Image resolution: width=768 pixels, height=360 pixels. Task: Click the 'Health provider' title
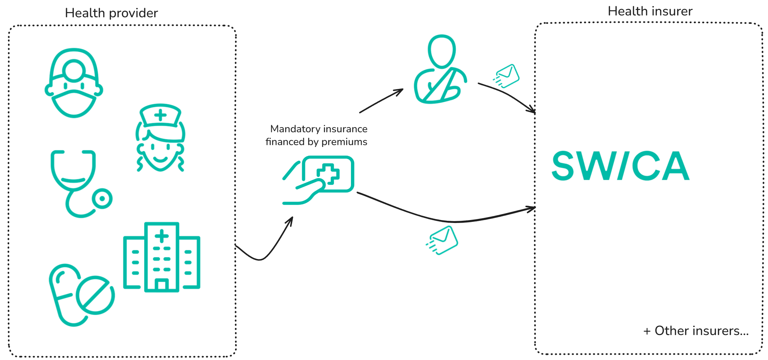pyautogui.click(x=111, y=13)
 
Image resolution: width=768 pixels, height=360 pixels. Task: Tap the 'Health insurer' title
pyautogui.click(x=650, y=11)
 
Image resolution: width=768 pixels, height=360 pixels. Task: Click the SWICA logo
pyautogui.click(x=621, y=166)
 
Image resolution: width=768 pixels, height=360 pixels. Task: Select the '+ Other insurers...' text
pyautogui.click(x=696, y=331)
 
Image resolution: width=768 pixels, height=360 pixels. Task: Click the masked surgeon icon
pyautogui.click(x=74, y=83)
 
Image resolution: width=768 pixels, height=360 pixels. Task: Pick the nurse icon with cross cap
pyautogui.click(x=160, y=138)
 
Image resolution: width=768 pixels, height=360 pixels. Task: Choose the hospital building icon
pyautogui.click(x=162, y=257)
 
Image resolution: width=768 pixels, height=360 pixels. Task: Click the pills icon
pyautogui.click(x=81, y=295)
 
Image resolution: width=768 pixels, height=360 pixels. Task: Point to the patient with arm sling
pyautogui.click(x=441, y=69)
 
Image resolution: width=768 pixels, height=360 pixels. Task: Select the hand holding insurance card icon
pyautogui.click(x=318, y=180)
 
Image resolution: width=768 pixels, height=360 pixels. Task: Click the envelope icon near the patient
pyautogui.click(x=506, y=76)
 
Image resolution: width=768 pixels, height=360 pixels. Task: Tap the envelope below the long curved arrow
pyautogui.click(x=442, y=240)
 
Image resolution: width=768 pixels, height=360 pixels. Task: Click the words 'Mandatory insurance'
pyautogui.click(x=319, y=129)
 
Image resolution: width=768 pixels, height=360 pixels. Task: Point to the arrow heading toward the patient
pyautogui.click(x=381, y=101)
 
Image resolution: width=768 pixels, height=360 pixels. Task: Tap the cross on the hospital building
pyautogui.click(x=162, y=236)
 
